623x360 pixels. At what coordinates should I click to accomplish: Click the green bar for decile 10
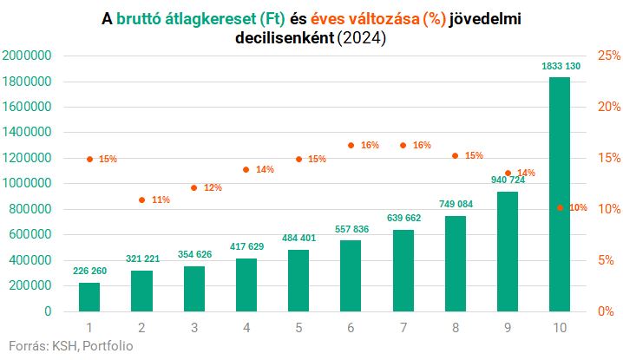click(x=560, y=194)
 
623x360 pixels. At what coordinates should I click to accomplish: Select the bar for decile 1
click(x=89, y=297)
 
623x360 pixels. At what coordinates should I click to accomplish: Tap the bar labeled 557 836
click(x=351, y=276)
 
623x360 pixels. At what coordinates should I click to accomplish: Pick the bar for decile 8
click(x=456, y=264)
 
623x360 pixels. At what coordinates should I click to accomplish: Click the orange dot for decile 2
click(x=141, y=200)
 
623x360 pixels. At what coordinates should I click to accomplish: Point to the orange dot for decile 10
click(x=560, y=208)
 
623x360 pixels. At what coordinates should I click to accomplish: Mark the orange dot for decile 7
click(x=403, y=145)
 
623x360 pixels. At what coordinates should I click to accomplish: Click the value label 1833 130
click(x=560, y=67)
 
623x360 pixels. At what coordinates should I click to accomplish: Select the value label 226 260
click(x=89, y=271)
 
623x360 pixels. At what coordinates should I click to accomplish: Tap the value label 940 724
click(x=508, y=180)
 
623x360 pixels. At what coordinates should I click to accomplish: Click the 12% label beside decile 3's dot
click(x=213, y=187)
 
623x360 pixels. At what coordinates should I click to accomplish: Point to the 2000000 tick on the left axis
click(x=29, y=56)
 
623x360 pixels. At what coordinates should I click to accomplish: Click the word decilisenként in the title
click(x=284, y=39)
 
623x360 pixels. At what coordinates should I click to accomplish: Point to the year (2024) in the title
click(x=363, y=39)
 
